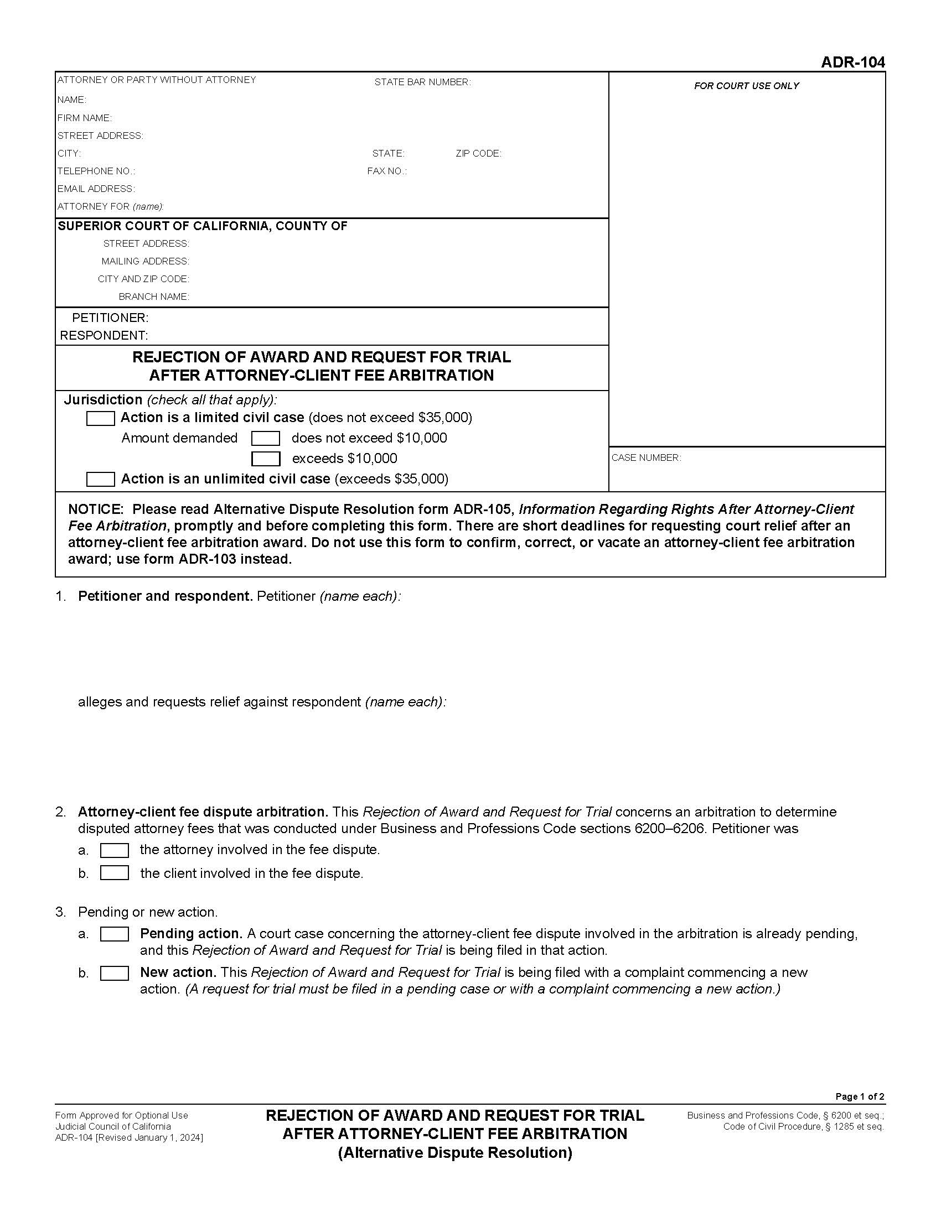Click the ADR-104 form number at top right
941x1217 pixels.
click(x=852, y=63)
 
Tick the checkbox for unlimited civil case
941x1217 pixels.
click(x=100, y=479)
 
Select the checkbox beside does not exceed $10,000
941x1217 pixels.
click(x=265, y=439)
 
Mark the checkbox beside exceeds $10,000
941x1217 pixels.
click(x=265, y=459)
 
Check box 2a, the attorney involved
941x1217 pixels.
click(x=114, y=850)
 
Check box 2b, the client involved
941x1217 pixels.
click(x=114, y=873)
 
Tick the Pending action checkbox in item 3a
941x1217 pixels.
click(x=114, y=934)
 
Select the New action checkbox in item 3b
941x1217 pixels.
click(x=114, y=974)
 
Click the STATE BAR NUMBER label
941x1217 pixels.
click(x=422, y=82)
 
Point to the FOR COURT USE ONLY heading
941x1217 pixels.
click(x=746, y=86)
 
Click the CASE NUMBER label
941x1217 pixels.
click(x=645, y=458)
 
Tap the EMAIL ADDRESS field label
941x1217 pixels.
click(x=96, y=189)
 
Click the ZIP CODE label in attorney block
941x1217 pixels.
click(x=478, y=154)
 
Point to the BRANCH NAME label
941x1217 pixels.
click(x=154, y=297)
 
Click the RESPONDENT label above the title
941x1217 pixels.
click(x=104, y=335)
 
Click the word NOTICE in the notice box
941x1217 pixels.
click(x=95, y=509)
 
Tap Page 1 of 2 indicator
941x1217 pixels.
click(x=859, y=1096)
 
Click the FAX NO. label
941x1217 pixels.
click(x=386, y=171)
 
